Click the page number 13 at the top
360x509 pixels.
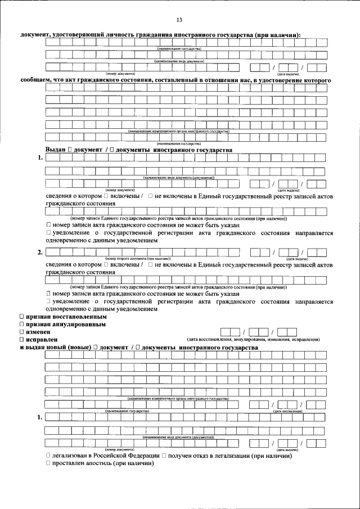click(x=179, y=20)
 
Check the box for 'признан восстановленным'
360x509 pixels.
click(x=22, y=317)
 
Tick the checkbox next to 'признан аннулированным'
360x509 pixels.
click(x=22, y=325)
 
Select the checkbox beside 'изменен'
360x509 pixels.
click(x=22, y=332)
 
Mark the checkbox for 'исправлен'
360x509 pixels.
click(x=22, y=340)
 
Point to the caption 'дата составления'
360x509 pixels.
click(x=287, y=411)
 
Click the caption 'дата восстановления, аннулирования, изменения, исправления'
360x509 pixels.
click(x=253, y=340)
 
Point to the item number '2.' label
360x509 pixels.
click(x=40, y=252)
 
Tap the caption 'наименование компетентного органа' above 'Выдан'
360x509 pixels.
click(x=178, y=131)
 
